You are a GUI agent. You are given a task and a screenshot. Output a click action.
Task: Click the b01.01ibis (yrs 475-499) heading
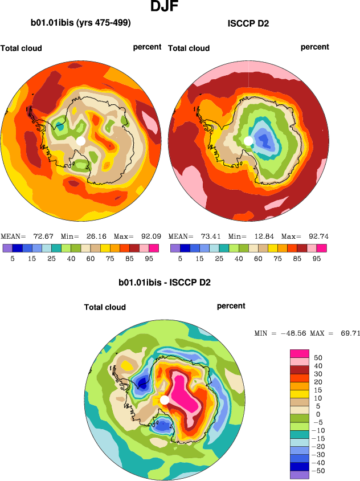(80, 23)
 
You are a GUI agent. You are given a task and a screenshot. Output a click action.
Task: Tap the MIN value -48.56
(293, 333)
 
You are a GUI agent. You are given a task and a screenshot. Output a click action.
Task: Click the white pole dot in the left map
(80, 140)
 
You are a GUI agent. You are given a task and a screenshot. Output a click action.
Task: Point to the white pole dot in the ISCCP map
(248, 140)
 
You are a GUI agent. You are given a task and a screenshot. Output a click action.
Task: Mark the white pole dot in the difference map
(164, 400)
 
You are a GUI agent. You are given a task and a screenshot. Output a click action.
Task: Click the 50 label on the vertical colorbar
(318, 357)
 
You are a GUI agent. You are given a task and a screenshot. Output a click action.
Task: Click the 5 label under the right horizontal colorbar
(179, 258)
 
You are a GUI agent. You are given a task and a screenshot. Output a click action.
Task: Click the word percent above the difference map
(231, 306)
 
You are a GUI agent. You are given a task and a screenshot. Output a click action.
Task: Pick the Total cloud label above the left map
(21, 48)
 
